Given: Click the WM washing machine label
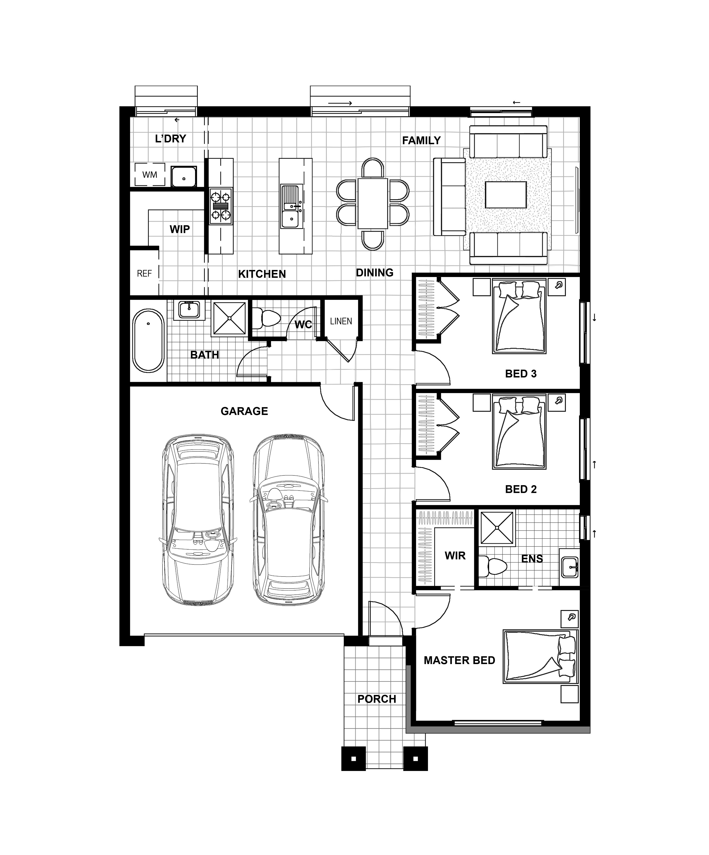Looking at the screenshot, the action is [150, 175].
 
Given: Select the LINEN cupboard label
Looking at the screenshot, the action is [341, 321].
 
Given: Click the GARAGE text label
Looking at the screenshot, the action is [244, 411].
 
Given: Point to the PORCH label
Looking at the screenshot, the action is [377, 699].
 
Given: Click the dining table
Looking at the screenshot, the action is [373, 204].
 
